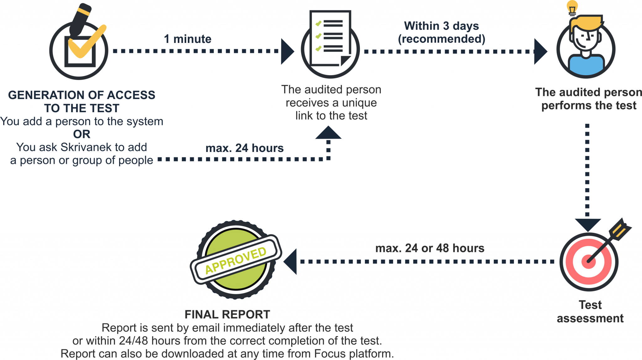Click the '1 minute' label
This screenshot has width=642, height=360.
pyautogui.click(x=187, y=39)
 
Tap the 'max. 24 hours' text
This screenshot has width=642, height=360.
pyautogui.click(x=244, y=148)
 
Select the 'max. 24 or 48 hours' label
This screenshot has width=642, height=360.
pyautogui.click(x=429, y=248)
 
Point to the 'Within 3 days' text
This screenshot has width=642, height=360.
pyautogui.click(x=441, y=26)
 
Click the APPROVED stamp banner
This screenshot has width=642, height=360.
pyautogui.click(x=236, y=260)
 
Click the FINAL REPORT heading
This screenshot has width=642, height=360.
pyautogui.click(x=227, y=314)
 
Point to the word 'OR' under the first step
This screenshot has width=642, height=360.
pyautogui.click(x=82, y=134)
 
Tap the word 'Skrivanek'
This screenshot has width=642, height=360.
pyautogui.click(x=86, y=147)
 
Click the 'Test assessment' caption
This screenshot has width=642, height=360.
pyautogui.click(x=590, y=311)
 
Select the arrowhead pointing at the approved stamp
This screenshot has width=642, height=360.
pyautogui.click(x=290, y=262)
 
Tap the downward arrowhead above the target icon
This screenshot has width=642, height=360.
pyautogui.click(x=587, y=225)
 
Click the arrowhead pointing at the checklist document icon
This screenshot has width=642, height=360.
pyautogui.click(x=287, y=51)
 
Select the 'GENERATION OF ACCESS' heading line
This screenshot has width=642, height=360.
pyautogui.click(x=82, y=95)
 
